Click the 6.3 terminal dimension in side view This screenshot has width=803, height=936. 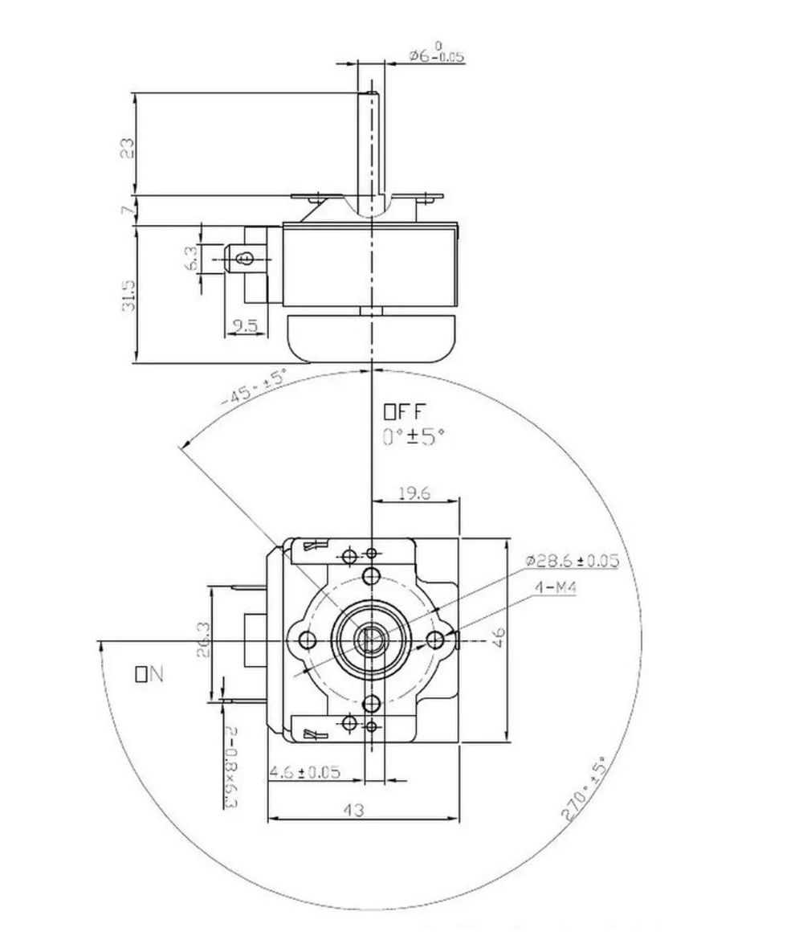(191, 258)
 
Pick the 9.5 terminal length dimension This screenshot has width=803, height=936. (243, 325)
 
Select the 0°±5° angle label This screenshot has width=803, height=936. (413, 437)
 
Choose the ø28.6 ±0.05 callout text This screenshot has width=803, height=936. (572, 561)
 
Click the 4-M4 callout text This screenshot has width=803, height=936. (556, 588)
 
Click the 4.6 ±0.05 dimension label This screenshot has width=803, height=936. (304, 772)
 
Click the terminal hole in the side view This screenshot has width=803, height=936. (247, 258)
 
